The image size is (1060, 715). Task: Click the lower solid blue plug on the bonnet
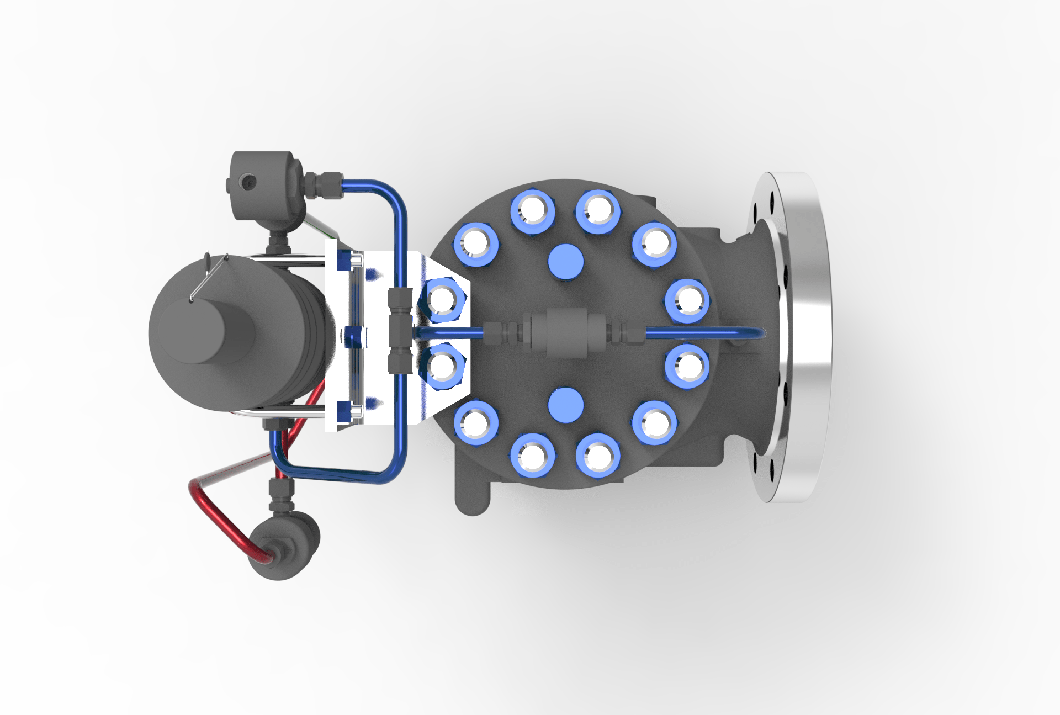click(566, 405)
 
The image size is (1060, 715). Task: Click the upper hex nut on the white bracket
click(442, 300)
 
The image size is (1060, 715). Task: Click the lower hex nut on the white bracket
click(442, 365)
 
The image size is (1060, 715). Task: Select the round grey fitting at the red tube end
click(284, 547)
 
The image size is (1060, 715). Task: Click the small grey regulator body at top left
click(265, 185)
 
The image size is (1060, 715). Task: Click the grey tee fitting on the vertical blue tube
click(400, 331)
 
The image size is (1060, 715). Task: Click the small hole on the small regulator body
click(246, 181)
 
